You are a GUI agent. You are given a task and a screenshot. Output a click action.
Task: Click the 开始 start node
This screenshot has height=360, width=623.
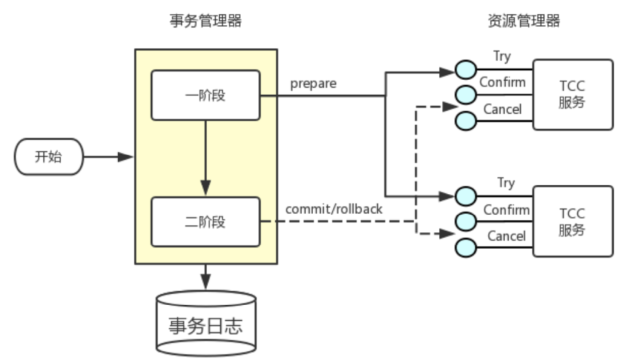(49, 156)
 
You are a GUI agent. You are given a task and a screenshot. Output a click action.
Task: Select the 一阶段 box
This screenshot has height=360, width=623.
(205, 95)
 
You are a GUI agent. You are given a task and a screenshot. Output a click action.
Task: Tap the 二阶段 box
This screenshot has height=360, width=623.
(205, 222)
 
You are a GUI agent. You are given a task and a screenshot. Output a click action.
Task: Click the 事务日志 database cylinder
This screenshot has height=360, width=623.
(206, 324)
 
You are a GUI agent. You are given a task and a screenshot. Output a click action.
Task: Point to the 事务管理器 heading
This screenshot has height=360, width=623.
(206, 21)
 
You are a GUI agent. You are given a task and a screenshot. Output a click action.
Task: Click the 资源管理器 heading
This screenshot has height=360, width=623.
(524, 21)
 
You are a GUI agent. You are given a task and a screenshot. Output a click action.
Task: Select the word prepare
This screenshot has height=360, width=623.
(313, 84)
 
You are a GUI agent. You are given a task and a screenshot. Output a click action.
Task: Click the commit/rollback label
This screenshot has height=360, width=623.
(334, 209)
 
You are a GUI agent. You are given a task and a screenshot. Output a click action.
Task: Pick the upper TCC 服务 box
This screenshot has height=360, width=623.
(573, 95)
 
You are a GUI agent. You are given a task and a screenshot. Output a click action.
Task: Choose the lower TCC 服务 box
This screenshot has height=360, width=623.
(573, 222)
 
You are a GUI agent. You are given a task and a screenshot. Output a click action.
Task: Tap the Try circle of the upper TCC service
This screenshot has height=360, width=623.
(466, 70)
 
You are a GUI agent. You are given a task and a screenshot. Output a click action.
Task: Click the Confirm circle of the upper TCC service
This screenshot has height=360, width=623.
(466, 95)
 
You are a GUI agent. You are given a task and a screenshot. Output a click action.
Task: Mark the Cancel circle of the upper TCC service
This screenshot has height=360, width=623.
(466, 121)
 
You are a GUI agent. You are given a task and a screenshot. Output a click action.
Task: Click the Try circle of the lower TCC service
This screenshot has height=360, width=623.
(466, 196)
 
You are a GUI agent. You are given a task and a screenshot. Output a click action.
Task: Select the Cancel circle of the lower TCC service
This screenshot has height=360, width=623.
(466, 247)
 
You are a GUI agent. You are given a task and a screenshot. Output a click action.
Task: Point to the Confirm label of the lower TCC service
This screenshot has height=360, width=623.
(506, 210)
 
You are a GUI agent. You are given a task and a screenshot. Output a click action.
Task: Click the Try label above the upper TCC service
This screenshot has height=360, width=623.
(502, 57)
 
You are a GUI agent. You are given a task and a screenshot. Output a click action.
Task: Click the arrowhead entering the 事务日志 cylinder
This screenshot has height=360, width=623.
(205, 282)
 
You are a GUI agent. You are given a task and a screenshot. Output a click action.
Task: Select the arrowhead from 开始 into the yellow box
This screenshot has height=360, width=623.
(126, 157)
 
